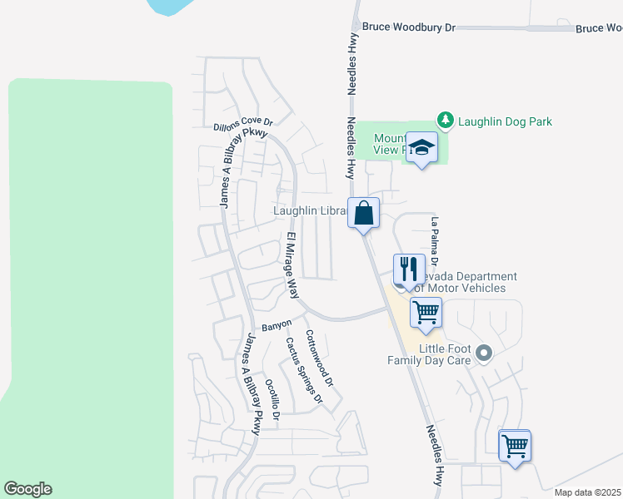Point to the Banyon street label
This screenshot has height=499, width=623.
coord(277,324)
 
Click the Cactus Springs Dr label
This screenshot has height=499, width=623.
coord(304,370)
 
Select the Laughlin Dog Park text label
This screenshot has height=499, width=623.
coord(505,121)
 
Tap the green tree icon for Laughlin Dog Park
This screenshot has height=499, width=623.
coord(446,121)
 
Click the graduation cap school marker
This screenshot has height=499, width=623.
coord(421,148)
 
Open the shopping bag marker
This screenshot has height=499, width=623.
coord(364,213)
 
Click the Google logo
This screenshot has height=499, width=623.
coord(27,489)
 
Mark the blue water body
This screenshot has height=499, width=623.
coord(171,6)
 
